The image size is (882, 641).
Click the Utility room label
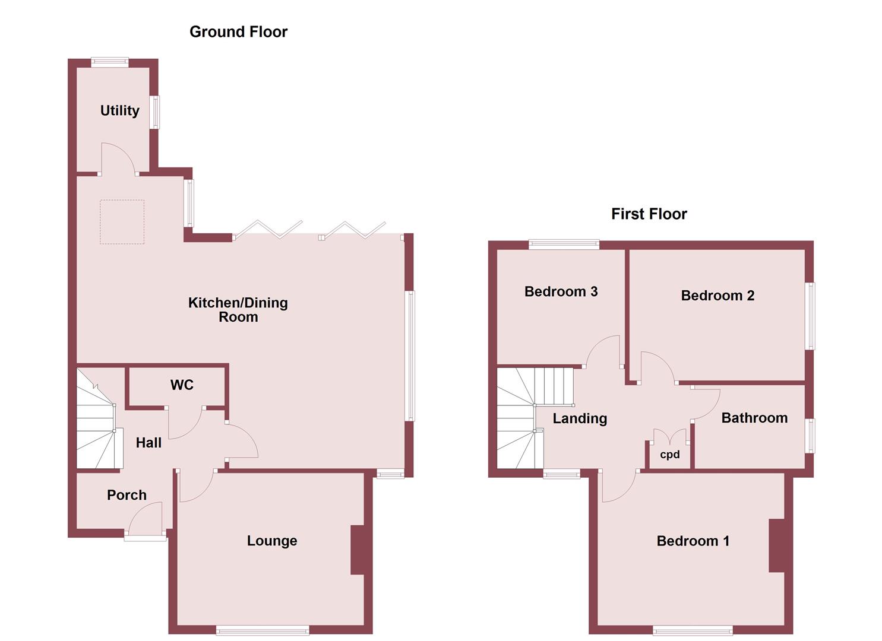tap(119, 110)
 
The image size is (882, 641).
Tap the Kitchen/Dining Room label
tap(238, 309)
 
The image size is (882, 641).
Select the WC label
tap(182, 385)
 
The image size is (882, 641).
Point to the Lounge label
tap(272, 541)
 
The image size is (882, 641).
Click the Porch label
tap(127, 495)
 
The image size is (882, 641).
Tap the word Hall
tap(148, 443)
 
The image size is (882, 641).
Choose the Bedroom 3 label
tap(561, 291)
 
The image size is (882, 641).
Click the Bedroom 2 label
tap(717, 296)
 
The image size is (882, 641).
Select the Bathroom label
tap(754, 418)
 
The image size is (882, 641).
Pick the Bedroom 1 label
tap(693, 541)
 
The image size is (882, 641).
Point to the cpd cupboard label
tap(670, 455)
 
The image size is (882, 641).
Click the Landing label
tap(580, 418)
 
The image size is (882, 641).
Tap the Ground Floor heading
tap(238, 32)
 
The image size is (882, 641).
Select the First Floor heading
tap(649, 214)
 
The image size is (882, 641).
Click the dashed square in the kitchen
tap(122, 222)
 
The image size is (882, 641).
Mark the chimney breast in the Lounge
tap(358, 550)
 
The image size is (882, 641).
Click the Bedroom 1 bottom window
tap(693, 630)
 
